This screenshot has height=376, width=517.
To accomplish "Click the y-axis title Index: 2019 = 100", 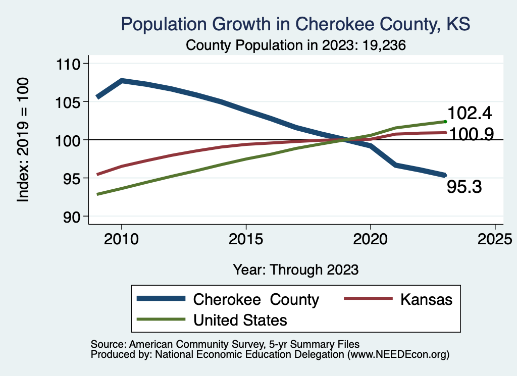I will (23, 140).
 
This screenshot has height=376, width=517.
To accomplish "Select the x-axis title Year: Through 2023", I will (296, 269).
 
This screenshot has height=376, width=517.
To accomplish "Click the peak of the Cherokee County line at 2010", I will (121, 80).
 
